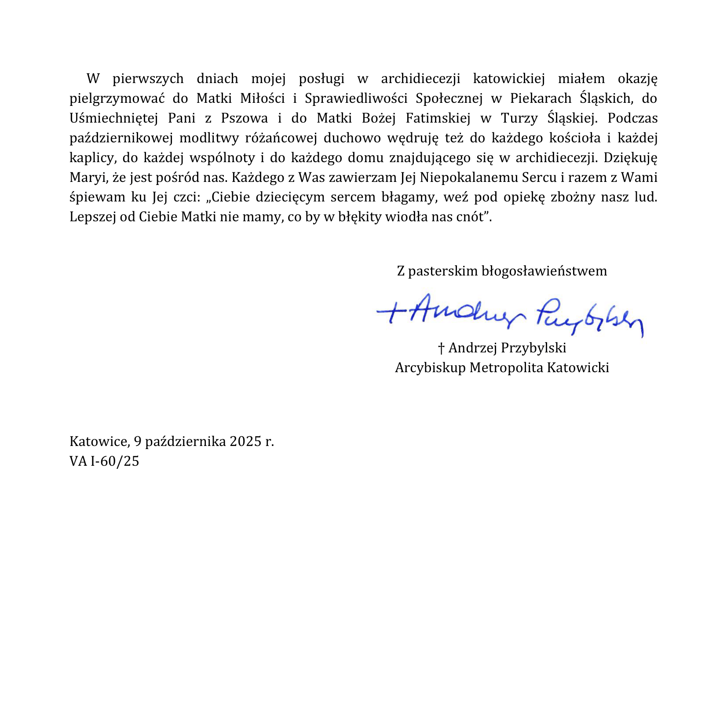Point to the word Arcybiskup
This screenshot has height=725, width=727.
pos(430,367)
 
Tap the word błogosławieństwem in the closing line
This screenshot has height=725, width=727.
pos(544,271)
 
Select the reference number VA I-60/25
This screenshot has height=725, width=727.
pos(104,460)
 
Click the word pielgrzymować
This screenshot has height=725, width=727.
pos(117,98)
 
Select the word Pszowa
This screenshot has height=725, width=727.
pos(245,118)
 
